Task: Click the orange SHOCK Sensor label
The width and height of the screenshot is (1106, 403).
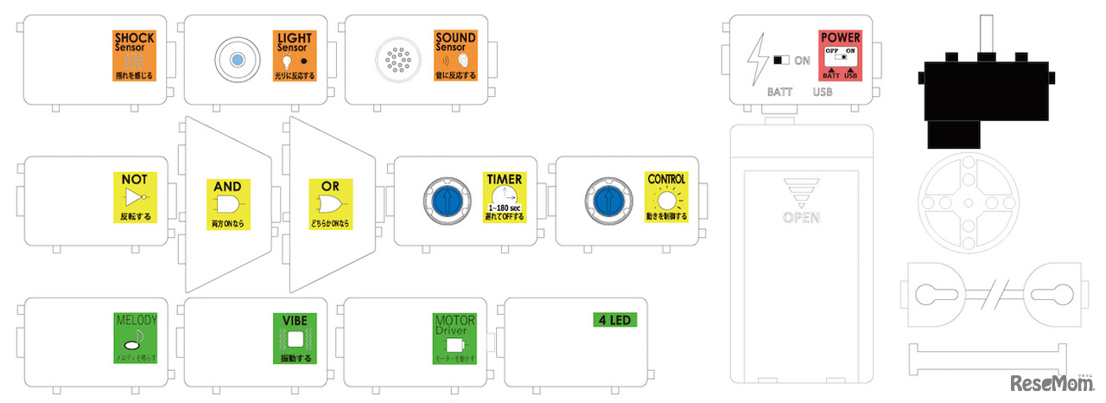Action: (x=134, y=55)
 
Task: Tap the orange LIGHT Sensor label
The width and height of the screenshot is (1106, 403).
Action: (x=295, y=56)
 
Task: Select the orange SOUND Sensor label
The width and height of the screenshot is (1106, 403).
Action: (x=455, y=56)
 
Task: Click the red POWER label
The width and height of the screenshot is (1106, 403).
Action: (x=840, y=56)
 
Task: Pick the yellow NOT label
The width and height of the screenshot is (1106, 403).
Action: (x=134, y=196)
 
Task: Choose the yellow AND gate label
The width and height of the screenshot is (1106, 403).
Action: (x=227, y=204)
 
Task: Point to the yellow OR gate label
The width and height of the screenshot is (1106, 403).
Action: (x=331, y=204)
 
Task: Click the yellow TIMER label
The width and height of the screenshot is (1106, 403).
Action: (x=504, y=196)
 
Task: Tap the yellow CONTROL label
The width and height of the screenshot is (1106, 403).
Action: (x=666, y=196)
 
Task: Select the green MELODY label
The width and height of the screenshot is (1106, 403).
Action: (x=136, y=337)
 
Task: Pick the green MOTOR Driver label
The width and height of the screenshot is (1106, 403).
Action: (x=454, y=337)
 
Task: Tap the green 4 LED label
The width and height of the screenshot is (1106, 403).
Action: (x=615, y=320)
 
